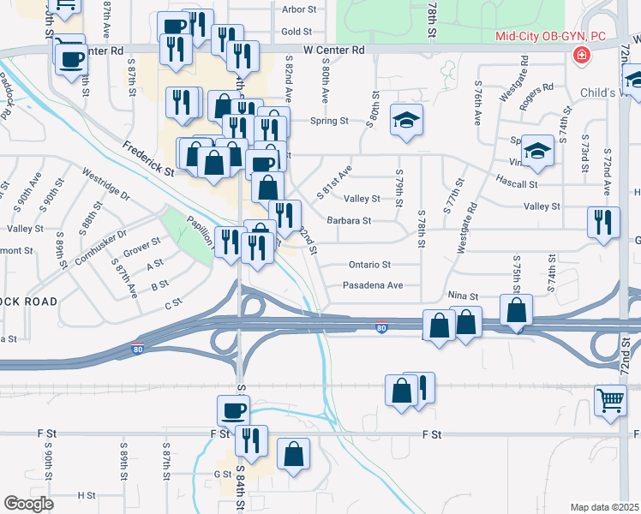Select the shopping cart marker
pyautogui.click(x=610, y=401)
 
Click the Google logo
pyautogui.click(x=28, y=504)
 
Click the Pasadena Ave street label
pyautogui.click(x=373, y=285)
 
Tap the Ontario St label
pyautogui.click(x=369, y=265)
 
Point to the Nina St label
pyautogui.click(x=462, y=296)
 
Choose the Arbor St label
pyautogui.click(x=299, y=10)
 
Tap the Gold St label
pyautogui.click(x=298, y=32)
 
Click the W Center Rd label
pyautogui.click(x=333, y=51)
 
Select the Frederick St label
pyautogui.click(x=147, y=158)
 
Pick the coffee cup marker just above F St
pyautogui.click(x=233, y=410)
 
